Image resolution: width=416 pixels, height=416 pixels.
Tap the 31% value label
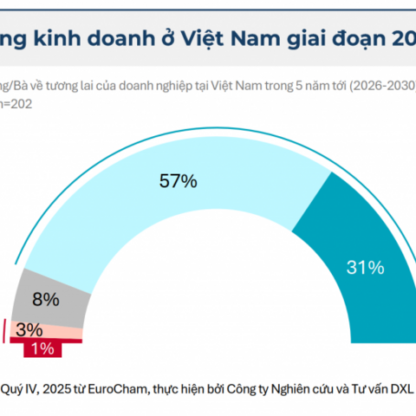(365, 268)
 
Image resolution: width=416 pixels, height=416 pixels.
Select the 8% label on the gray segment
(46, 299)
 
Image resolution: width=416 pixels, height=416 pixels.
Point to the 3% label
(30, 329)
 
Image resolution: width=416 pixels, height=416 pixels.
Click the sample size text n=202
(19, 100)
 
